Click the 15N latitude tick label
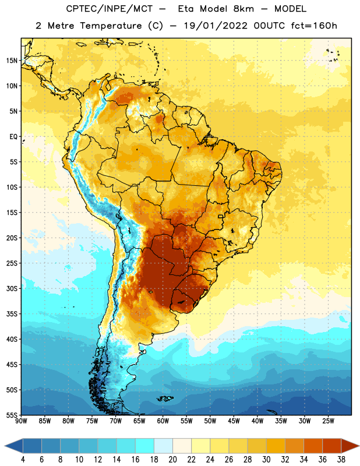click(12, 61)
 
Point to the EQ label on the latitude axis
click(13, 137)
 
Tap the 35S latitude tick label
click(12, 314)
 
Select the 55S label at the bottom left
click(12, 415)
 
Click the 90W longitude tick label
click(22, 421)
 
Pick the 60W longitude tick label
click(163, 421)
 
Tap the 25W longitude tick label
click(328, 421)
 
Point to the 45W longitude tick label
click(234, 421)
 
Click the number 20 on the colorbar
click(172, 460)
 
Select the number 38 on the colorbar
click(341, 460)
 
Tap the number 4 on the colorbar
click(23, 460)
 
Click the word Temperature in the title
click(111, 26)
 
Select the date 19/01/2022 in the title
click(216, 26)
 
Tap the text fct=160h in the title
click(314, 26)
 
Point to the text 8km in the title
click(243, 9)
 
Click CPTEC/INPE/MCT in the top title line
click(110, 9)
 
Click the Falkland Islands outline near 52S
click(165, 398)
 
